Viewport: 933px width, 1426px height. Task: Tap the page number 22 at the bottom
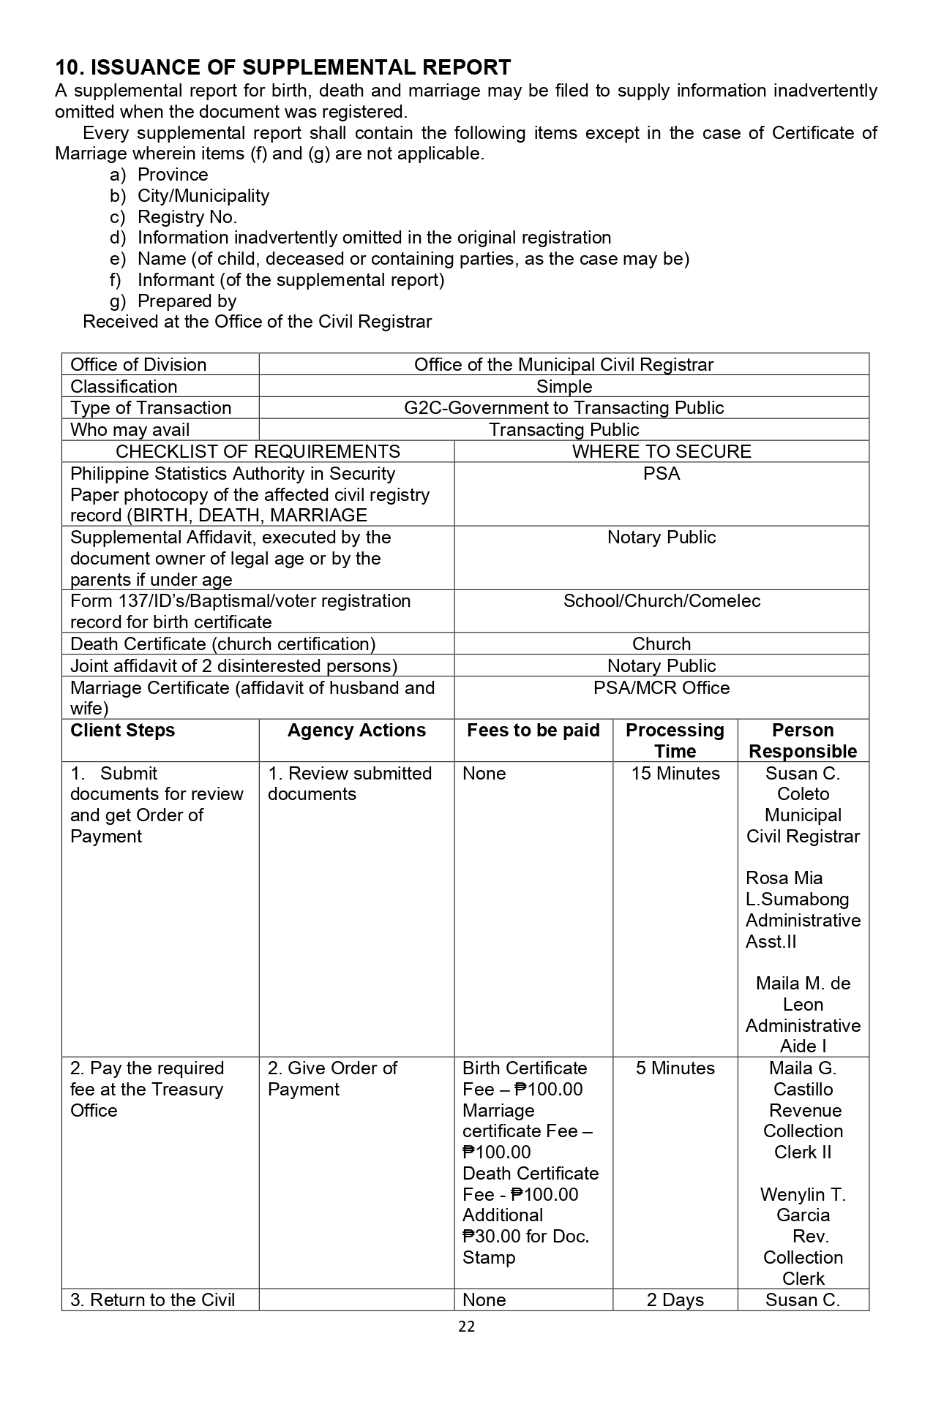(466, 1327)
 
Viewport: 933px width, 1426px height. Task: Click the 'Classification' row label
(123, 387)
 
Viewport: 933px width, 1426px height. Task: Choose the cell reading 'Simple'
(563, 387)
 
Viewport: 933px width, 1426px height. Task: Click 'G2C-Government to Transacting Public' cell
(563, 408)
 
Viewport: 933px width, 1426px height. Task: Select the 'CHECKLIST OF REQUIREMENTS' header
(258, 451)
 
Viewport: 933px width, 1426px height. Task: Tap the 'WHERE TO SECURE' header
(662, 451)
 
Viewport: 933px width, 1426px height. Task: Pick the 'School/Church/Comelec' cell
(662, 601)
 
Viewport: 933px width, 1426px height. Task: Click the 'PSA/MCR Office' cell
(662, 688)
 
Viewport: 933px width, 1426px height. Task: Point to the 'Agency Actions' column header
(356, 731)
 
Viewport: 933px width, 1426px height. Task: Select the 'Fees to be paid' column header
(533, 731)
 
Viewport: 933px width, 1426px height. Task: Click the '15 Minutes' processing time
(675, 774)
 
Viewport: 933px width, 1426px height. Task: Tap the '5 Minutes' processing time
(675, 1068)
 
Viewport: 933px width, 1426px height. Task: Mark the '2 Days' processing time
(675, 1300)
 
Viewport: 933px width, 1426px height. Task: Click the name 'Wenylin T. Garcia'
(803, 1205)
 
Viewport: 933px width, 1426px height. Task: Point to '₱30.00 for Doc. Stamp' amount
(525, 1247)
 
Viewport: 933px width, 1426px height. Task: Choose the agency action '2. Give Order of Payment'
(331, 1079)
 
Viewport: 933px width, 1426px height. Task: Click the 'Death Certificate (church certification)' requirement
(222, 644)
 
